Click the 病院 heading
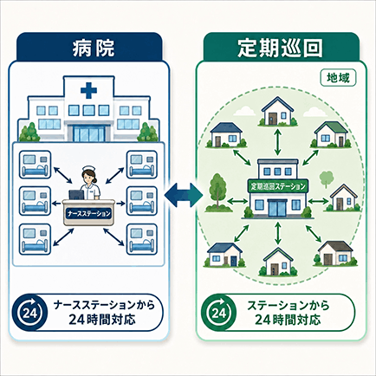pyautogui.click(x=93, y=48)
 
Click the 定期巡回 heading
pyautogui.click(x=280, y=48)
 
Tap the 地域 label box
pyautogui.click(x=338, y=78)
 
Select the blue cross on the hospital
pyautogui.click(x=89, y=90)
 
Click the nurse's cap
pyautogui.click(x=88, y=169)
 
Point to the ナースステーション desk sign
pyautogui.click(x=88, y=214)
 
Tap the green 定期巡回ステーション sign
pyautogui.click(x=278, y=186)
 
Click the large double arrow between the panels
pyautogui.click(x=184, y=195)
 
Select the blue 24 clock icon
pyautogui.click(x=29, y=312)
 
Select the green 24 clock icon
pyautogui.click(x=219, y=312)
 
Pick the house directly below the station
pyautogui.click(x=277, y=262)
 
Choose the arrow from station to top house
pyautogui.click(x=277, y=142)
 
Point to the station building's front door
pyautogui.click(x=277, y=208)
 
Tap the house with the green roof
pyautogui.click(x=331, y=134)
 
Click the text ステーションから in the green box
pyautogui.click(x=288, y=306)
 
